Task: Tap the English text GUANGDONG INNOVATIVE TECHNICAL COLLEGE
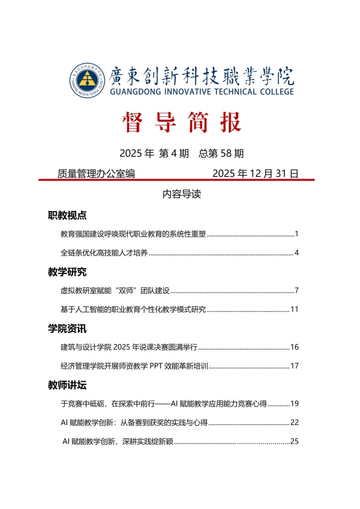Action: pos(202,92)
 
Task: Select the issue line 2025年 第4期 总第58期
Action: pos(181,153)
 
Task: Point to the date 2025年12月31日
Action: pos(256,174)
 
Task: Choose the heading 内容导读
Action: pos(181,195)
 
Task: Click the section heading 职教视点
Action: pos(67,215)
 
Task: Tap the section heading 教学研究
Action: pos(67,272)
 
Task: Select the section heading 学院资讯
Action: pos(67,329)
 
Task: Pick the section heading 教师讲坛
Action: pos(67,385)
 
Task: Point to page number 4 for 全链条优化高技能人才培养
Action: pos(296,252)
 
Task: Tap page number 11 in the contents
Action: pos(295,309)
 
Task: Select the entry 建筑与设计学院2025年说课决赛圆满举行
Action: pos(129,347)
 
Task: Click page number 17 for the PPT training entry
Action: pos(295,366)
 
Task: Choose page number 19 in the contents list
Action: pos(295,403)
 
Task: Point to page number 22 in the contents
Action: pos(295,423)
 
